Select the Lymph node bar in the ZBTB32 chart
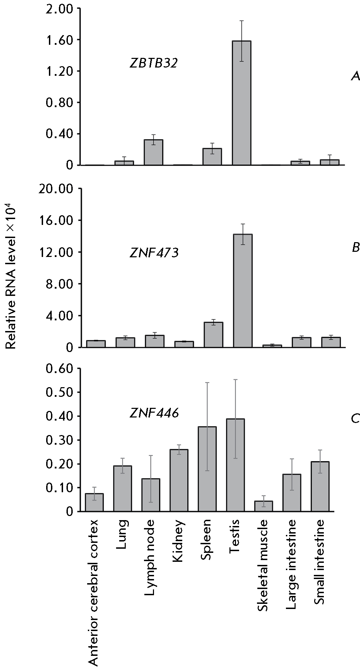pos(153,152)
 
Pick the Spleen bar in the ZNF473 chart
pos(213,334)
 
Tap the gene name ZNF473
pos(154,253)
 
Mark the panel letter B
pos(356,248)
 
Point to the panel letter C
pos(355,419)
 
